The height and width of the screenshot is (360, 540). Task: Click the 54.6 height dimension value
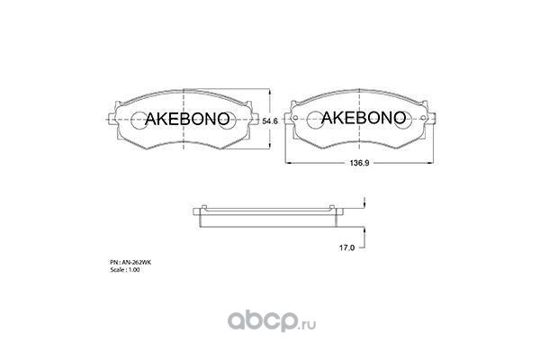click(270, 121)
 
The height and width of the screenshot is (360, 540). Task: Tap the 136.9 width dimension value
click(359, 163)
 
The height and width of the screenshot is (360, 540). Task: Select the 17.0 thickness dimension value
click(346, 247)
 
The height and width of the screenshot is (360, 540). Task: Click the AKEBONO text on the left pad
click(187, 119)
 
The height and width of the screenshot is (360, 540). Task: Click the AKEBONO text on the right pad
click(364, 118)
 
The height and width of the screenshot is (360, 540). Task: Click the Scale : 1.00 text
click(125, 270)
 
